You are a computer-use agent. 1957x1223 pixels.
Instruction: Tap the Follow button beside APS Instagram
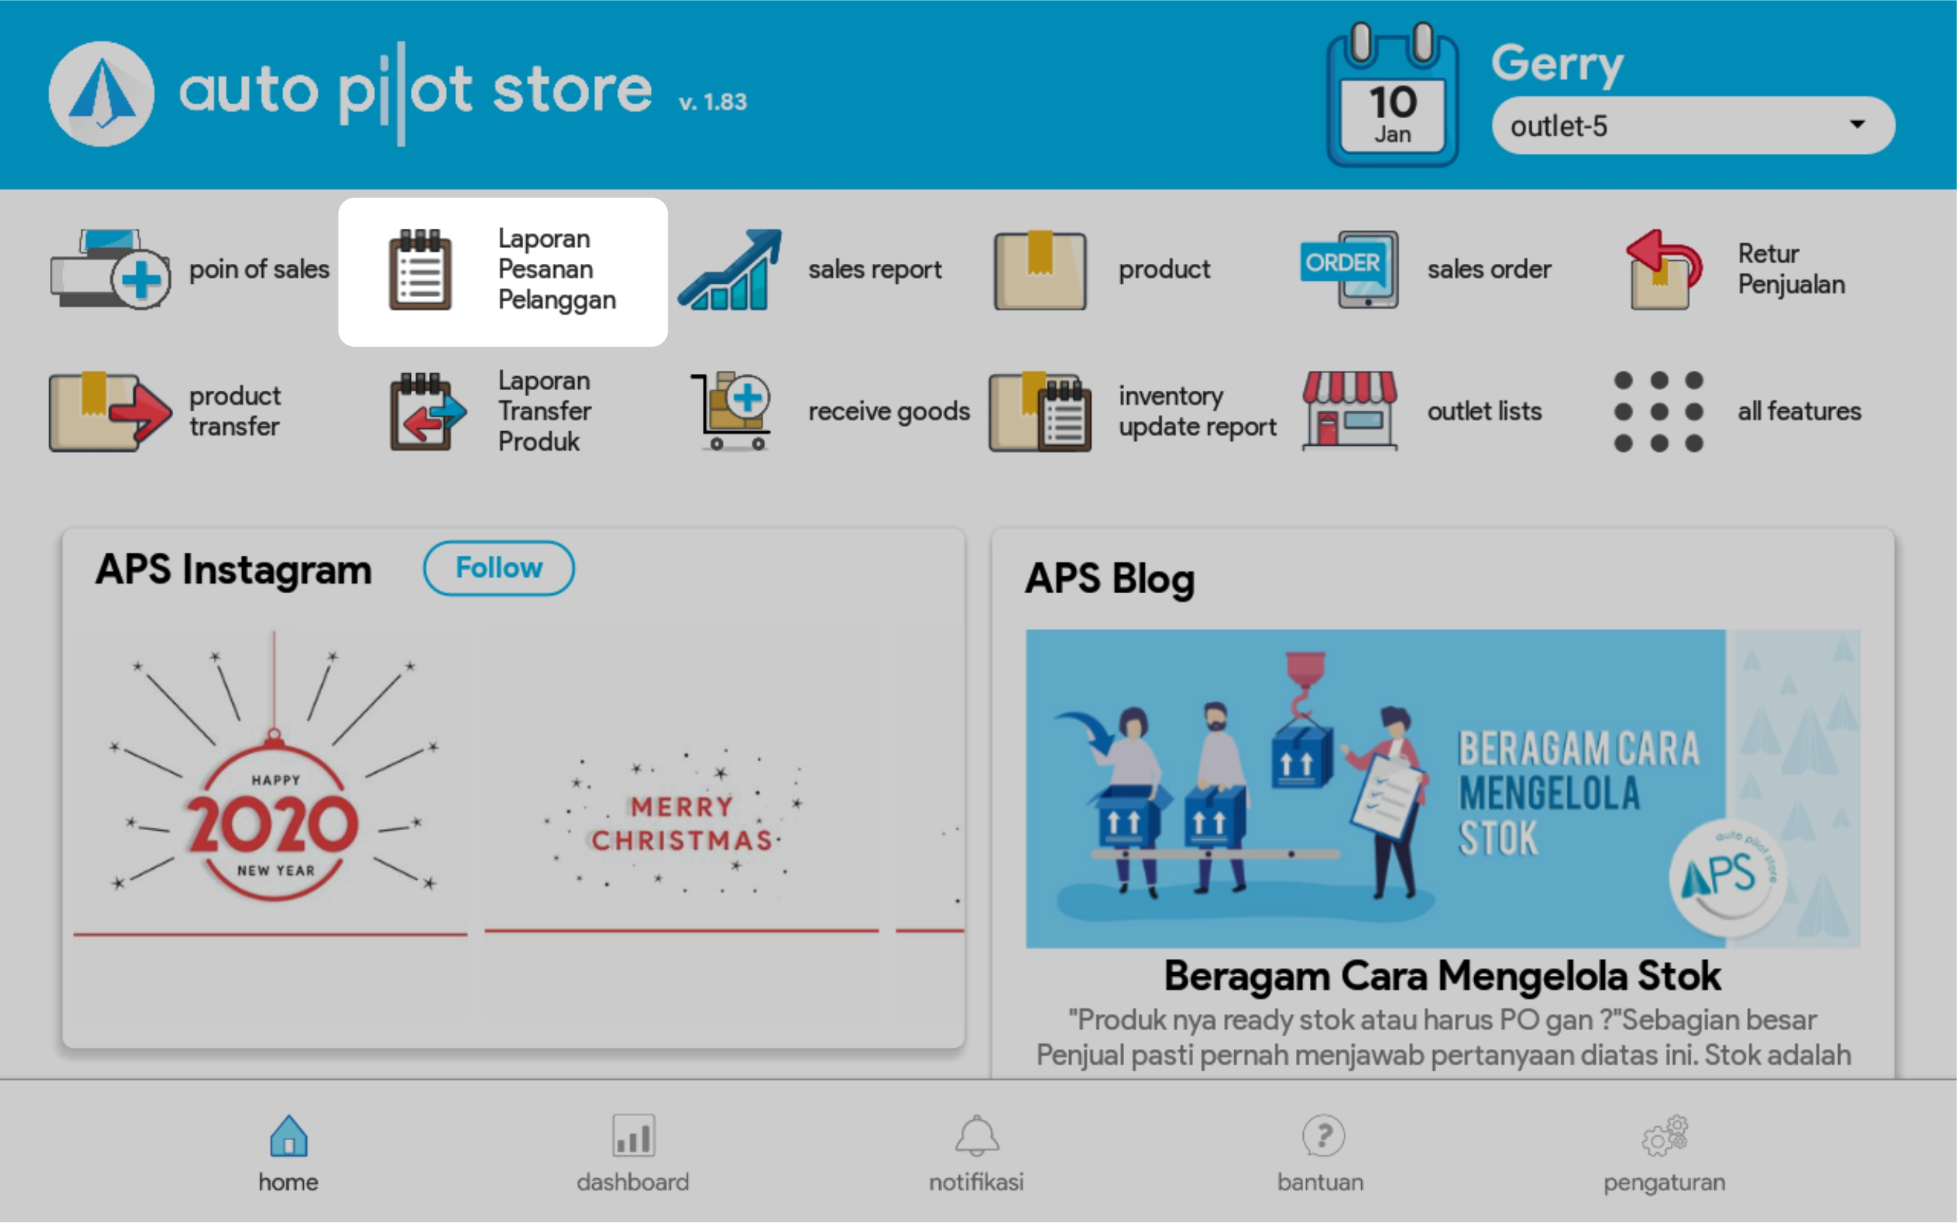click(498, 568)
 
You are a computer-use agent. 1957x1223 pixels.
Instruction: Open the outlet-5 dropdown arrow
click(1857, 125)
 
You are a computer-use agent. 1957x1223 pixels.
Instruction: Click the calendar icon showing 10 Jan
click(1392, 95)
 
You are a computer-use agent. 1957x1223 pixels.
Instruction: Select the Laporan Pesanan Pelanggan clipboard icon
click(420, 269)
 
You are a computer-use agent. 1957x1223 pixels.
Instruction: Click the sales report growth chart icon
click(730, 269)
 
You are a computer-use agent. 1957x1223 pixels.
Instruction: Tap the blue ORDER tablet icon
click(1350, 269)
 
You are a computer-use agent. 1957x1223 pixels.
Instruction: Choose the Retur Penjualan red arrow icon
click(1663, 269)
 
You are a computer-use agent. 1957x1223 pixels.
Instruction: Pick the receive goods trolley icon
click(731, 411)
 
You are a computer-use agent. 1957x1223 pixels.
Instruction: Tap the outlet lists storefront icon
click(1349, 410)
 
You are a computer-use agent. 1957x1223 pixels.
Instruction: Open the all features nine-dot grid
click(1658, 411)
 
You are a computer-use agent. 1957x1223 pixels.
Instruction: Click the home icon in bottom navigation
click(289, 1136)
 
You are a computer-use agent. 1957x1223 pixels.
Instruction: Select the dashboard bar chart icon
click(633, 1136)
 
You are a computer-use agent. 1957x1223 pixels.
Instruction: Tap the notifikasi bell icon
click(977, 1136)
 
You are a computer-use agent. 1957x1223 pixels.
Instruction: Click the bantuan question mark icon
click(1323, 1136)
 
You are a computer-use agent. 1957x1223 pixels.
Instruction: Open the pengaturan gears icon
click(1665, 1136)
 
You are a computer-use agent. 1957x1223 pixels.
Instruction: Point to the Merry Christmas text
click(682, 823)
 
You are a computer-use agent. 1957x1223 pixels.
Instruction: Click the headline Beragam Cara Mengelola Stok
click(1443, 975)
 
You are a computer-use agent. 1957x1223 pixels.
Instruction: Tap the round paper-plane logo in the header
click(101, 94)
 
